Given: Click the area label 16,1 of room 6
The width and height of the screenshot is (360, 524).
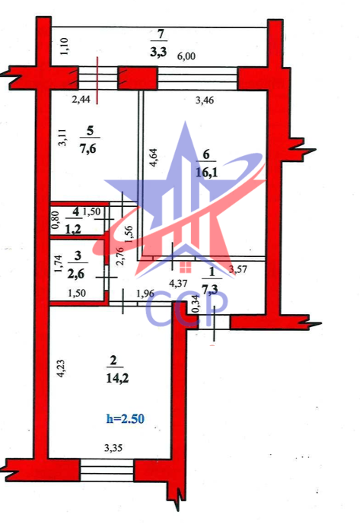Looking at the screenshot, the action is point(206,173).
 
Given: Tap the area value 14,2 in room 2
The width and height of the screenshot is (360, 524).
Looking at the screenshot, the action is point(117,378).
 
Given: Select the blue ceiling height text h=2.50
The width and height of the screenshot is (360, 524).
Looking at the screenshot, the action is point(125,419).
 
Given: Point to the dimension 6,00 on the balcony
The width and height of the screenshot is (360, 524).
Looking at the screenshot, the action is point(186,56).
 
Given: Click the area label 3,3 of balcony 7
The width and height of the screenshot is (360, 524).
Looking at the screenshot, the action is point(158,52).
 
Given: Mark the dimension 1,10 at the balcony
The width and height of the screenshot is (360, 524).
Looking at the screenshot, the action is point(64,46).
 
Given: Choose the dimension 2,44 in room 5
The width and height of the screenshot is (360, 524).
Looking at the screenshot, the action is point(81,100).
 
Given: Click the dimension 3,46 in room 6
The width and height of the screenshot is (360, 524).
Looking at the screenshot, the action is point(205,100).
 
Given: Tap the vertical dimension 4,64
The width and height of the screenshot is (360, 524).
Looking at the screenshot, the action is point(153,158).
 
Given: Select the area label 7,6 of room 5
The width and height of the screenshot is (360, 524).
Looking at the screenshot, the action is point(88,148).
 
